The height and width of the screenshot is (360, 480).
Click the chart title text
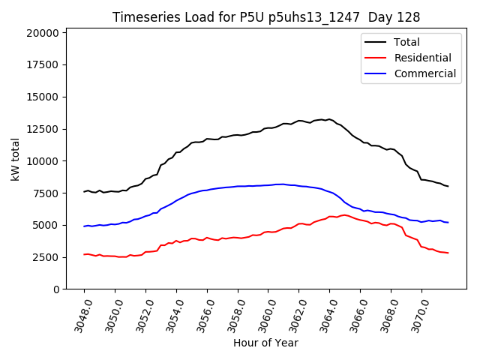pos(266,16)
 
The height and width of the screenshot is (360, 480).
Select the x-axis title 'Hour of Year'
pos(265,343)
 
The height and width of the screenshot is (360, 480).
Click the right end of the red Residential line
pos(448,253)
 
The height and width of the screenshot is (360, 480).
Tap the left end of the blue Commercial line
pos(84,226)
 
